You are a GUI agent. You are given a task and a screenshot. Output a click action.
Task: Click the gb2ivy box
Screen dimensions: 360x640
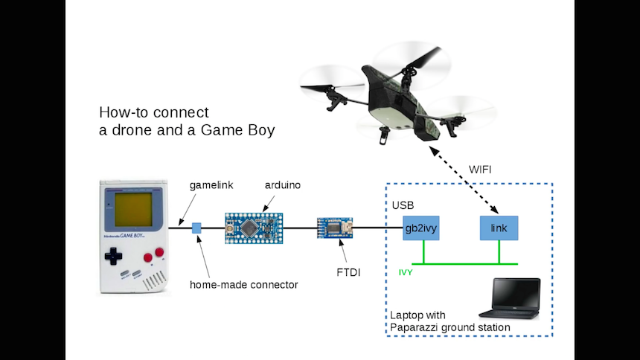[421, 228]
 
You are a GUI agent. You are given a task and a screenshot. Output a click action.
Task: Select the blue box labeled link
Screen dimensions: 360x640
[499, 228]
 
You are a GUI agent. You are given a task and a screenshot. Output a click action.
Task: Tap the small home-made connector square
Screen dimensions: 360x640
[197, 228]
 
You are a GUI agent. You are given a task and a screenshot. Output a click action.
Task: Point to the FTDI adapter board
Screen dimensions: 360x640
[334, 227]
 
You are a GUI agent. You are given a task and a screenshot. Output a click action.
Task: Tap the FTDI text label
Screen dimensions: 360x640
[348, 273]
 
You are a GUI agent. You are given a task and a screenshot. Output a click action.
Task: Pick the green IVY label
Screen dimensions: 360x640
[406, 273]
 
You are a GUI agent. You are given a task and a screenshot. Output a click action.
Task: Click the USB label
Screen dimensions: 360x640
[403, 205]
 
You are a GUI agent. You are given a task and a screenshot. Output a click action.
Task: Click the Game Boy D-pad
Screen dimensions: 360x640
[113, 256]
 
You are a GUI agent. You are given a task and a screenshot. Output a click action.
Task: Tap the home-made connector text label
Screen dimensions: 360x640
[243, 284]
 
